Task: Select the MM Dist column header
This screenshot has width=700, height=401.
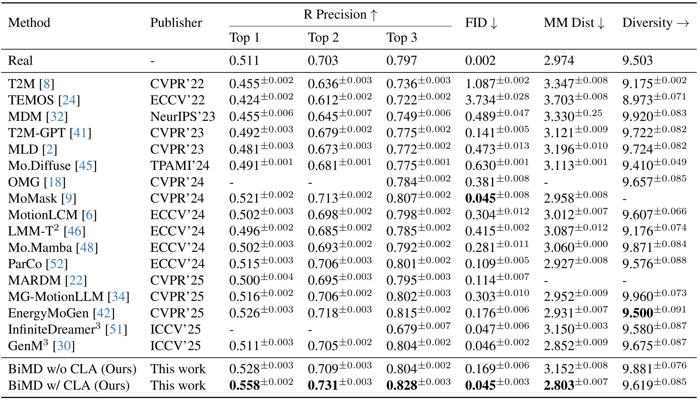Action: point(574,23)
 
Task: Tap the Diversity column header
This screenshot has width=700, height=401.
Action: point(656,23)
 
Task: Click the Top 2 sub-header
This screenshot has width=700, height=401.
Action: point(323,37)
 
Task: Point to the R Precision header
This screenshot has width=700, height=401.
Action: point(340,14)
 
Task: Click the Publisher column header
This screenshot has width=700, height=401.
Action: point(176,23)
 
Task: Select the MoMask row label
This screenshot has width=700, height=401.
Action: point(42,198)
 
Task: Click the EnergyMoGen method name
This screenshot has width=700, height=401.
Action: point(48,313)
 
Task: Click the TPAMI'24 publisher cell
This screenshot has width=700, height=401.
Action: point(180,166)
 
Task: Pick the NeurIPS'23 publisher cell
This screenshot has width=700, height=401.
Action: point(183,116)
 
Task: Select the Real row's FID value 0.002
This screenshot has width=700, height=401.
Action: point(480,61)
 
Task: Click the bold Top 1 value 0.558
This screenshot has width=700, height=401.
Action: point(245,385)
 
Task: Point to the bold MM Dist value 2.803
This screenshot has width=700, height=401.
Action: point(559,385)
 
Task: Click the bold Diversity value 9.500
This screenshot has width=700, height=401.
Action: point(638,313)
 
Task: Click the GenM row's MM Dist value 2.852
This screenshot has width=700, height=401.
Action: point(559,346)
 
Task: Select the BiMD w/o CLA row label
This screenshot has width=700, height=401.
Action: point(72,369)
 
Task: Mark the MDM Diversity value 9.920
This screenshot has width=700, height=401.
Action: point(638,116)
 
